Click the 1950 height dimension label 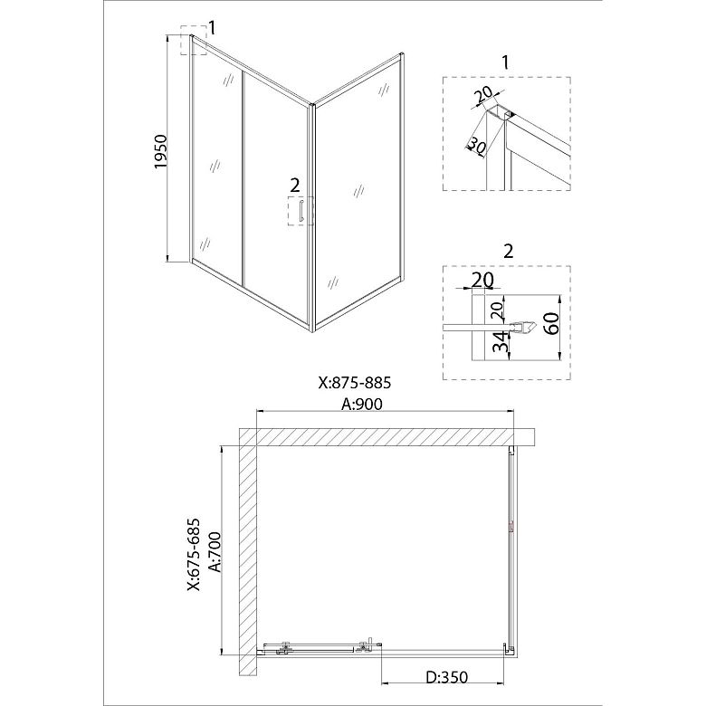pyautogui.click(x=161, y=151)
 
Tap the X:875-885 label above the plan pyautogui.click(x=355, y=383)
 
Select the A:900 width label pyautogui.click(x=362, y=404)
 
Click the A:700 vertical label pyautogui.click(x=215, y=552)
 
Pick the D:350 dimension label pyautogui.click(x=447, y=676)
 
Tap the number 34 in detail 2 pyautogui.click(x=499, y=341)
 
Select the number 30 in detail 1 pyautogui.click(x=477, y=146)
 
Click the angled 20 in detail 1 pyautogui.click(x=483, y=95)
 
